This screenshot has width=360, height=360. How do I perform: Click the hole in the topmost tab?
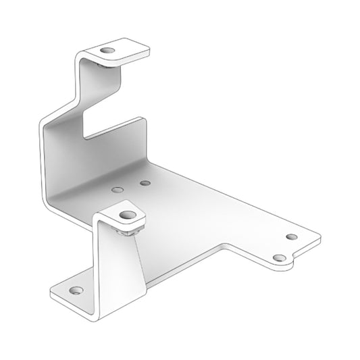tap(106, 51)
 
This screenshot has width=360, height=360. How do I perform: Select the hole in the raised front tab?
tap(126, 215)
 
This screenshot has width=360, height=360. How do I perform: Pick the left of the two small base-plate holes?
tap(118, 191)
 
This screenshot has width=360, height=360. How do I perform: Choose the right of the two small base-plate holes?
tap(145, 182)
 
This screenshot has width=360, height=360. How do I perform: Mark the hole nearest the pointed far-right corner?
tap(292, 236)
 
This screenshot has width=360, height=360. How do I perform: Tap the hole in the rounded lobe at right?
tap(278, 258)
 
